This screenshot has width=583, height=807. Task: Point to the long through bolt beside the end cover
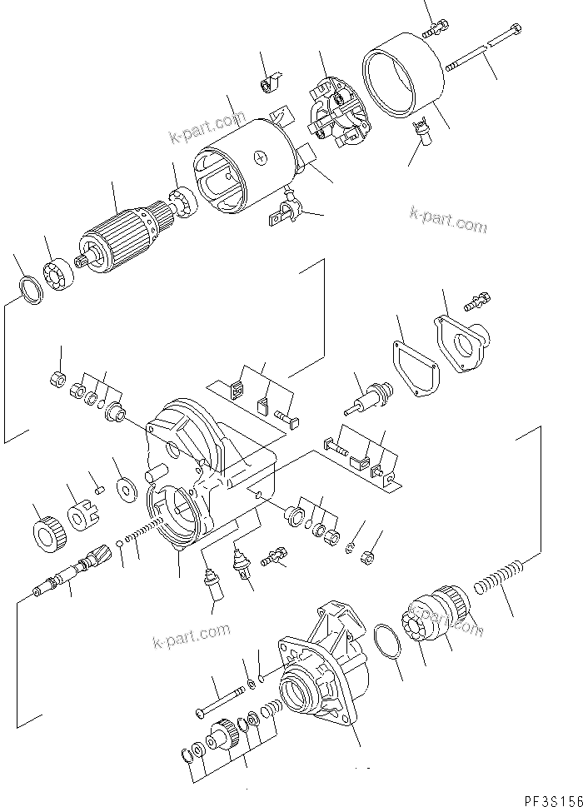point(483,48)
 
